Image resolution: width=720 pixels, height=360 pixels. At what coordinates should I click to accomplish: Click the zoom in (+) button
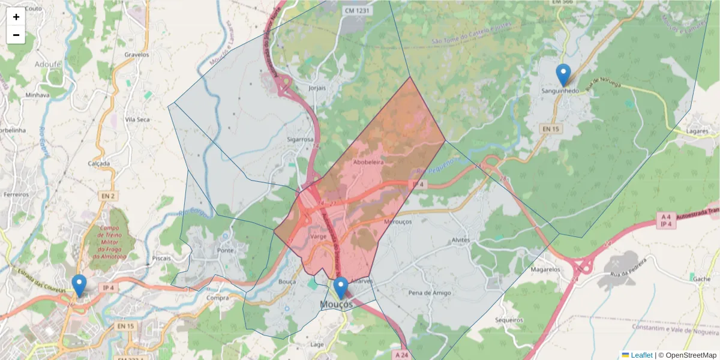pos(16,17)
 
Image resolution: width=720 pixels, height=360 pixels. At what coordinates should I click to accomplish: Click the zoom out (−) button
pos(16,35)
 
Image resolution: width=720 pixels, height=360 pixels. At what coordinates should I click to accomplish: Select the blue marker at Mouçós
pos(341,288)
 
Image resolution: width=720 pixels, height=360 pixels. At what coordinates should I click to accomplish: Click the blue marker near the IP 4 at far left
pos(79,286)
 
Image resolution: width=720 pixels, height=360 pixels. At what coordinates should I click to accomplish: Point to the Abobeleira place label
pos(368,162)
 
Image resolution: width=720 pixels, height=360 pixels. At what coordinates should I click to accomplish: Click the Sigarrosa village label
pos(300,140)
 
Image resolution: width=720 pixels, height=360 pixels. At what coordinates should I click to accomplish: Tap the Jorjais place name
pos(316,88)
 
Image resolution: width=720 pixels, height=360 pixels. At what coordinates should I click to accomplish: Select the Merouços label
pos(395,221)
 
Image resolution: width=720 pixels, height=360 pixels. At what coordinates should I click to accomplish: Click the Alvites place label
pos(460,240)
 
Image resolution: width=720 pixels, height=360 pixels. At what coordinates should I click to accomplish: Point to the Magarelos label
pos(545,269)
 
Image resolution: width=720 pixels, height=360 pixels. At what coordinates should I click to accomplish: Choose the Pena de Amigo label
pos(429,293)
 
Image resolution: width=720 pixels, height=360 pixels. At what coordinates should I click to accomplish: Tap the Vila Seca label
pos(137,119)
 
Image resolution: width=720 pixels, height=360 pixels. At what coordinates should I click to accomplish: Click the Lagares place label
pos(698,131)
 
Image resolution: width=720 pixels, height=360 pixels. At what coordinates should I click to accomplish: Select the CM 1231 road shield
pos(358,11)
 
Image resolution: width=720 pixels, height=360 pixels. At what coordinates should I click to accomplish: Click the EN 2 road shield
pos(107,196)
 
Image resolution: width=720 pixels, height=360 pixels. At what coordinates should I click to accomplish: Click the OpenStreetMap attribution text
pos(688,355)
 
